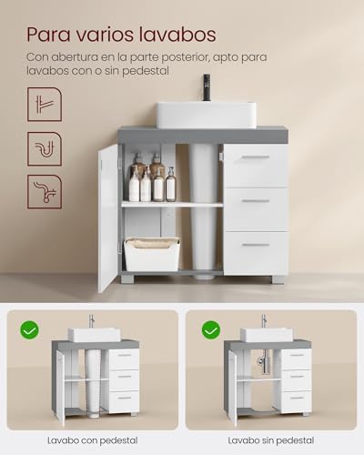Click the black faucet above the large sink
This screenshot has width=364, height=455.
pos(207,87)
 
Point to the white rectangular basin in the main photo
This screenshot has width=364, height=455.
pos(206,114)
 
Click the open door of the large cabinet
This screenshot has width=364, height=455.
pos(108,217)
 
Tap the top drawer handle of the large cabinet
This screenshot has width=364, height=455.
pos(256,157)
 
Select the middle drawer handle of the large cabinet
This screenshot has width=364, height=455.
pos(256,201)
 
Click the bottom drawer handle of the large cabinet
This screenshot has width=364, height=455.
pos(256,244)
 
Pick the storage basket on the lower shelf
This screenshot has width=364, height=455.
pos(152,254)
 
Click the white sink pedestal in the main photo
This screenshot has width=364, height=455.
pos(206,209)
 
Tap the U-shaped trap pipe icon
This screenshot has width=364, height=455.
pos(45,147)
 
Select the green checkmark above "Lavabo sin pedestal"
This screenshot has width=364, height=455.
pos(211,329)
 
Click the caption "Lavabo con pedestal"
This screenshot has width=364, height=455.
pos(92,440)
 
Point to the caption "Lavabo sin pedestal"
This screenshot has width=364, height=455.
pos(270,440)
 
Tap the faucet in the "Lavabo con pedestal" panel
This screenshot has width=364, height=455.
pos(91,321)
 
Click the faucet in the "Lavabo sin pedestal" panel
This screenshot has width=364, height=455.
pos(263,321)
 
